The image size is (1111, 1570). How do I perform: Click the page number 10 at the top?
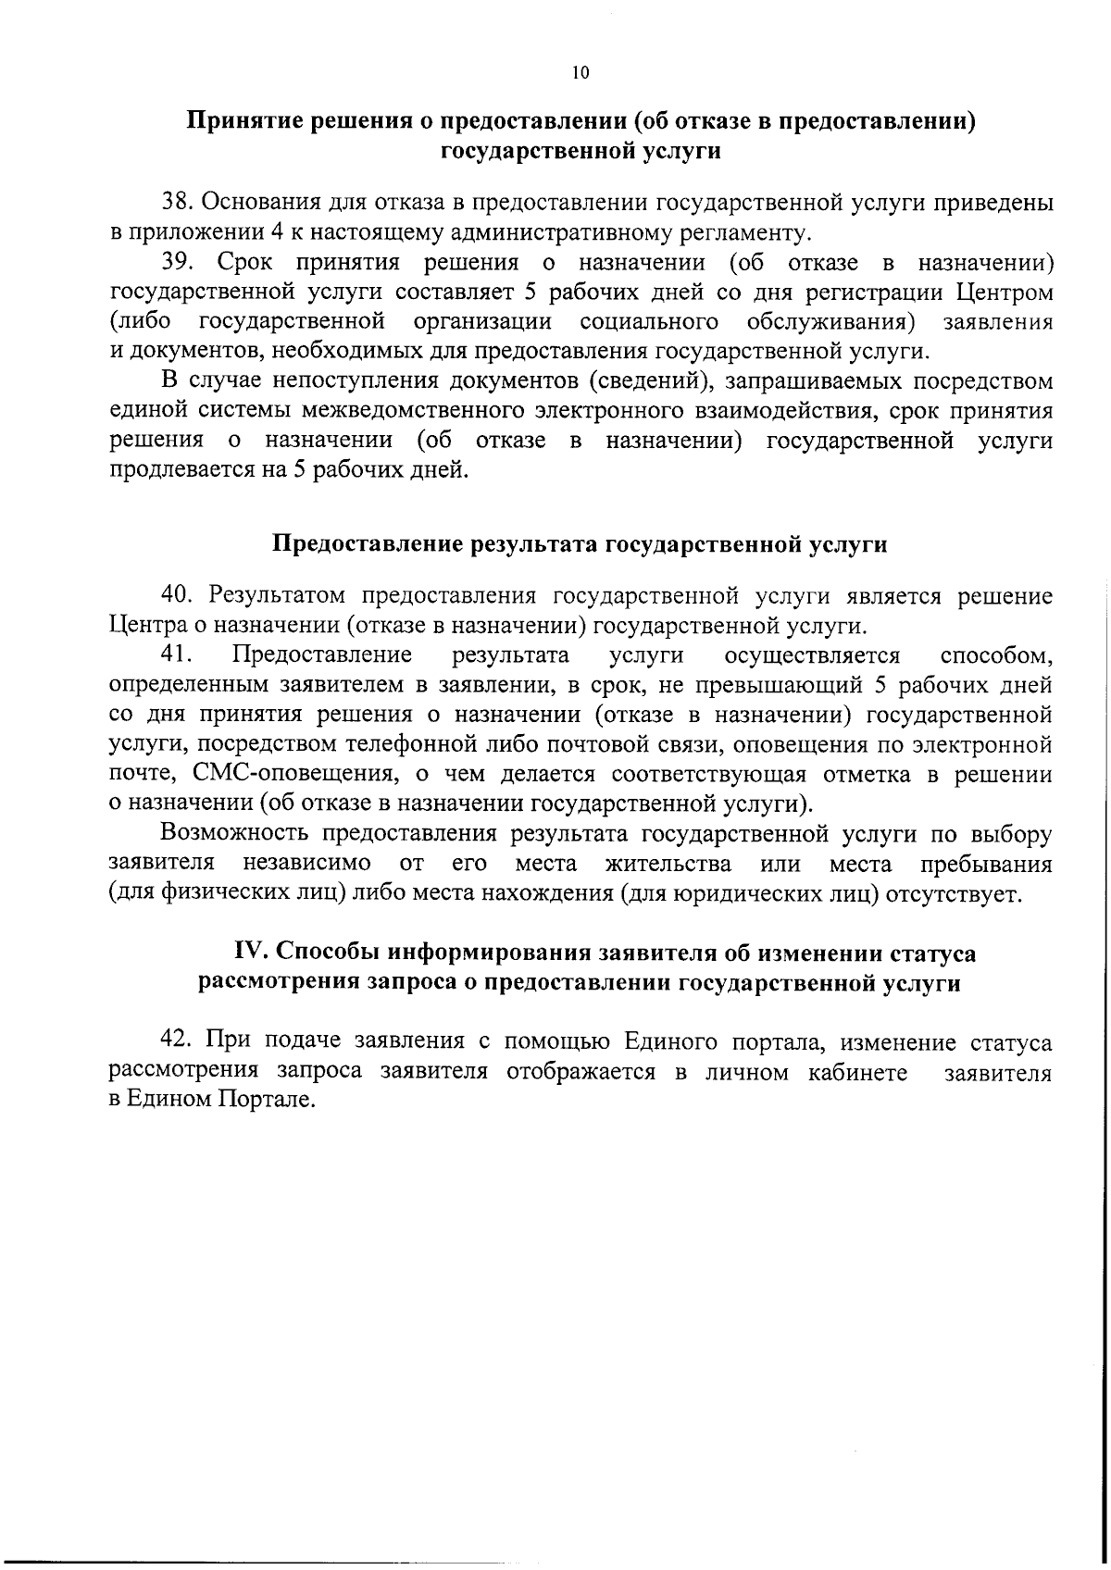click(580, 75)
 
